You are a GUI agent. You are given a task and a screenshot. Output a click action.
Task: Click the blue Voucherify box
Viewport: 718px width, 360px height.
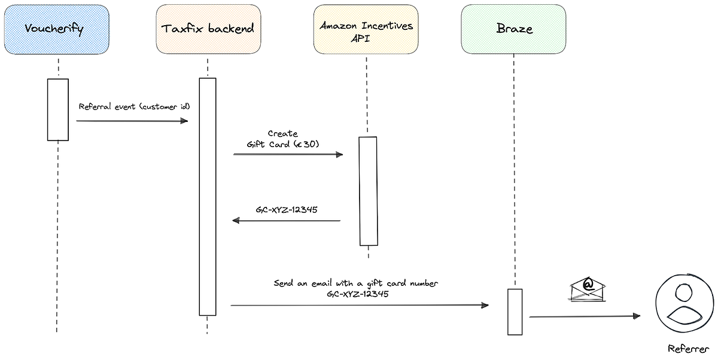point(58,29)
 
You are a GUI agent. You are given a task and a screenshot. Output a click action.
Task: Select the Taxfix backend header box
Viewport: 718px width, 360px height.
point(208,29)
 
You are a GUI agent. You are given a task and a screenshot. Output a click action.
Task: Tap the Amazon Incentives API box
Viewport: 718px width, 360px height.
point(366,29)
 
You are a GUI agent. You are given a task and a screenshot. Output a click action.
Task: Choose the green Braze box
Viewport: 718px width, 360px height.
point(514,29)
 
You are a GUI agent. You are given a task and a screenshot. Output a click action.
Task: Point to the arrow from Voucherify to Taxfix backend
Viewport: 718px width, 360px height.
point(132,121)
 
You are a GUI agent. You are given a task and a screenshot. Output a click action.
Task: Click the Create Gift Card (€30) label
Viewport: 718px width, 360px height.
point(283,139)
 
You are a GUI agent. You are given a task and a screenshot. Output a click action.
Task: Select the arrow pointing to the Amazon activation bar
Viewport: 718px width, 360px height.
point(288,154)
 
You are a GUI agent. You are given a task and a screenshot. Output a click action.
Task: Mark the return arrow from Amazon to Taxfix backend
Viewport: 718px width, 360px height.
point(286,221)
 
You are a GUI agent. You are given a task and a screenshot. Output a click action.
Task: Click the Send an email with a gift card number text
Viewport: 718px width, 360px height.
point(355,283)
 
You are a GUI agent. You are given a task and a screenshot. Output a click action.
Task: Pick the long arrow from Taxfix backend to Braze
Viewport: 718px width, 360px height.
point(359,305)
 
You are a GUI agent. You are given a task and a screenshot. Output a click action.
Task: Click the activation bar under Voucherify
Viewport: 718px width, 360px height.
point(58,109)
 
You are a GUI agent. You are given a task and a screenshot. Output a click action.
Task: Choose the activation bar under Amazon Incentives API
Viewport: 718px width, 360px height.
point(368,191)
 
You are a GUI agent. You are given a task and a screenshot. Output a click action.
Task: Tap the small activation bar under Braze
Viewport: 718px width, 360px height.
point(515,312)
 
